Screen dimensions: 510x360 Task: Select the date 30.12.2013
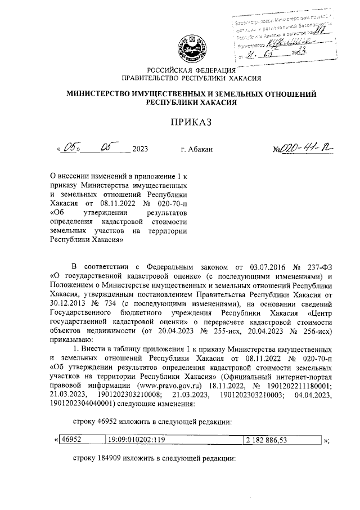pos(68,304)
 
